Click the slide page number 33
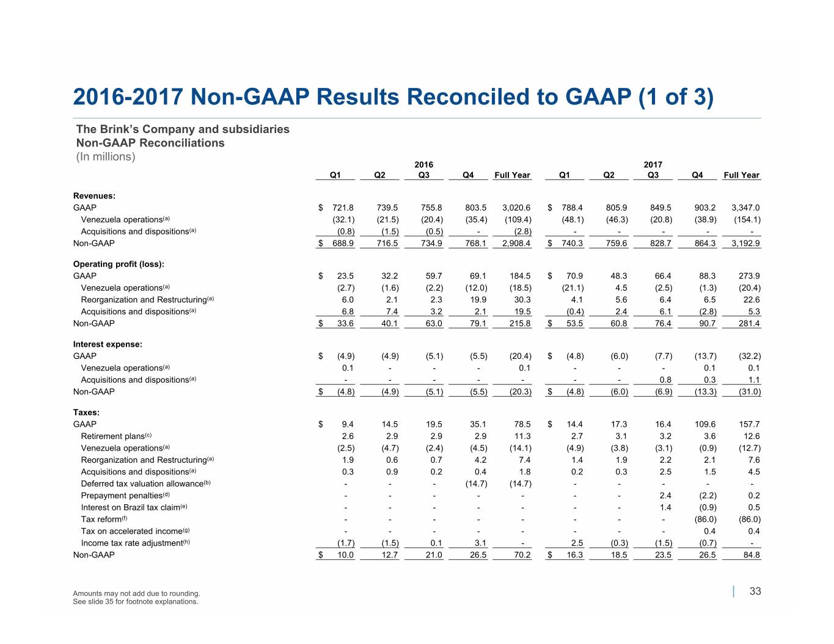pyautogui.click(x=755, y=591)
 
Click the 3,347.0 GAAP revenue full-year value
pyautogui.click(x=745, y=208)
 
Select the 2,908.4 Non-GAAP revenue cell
pyautogui.click(x=516, y=243)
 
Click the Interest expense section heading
pyautogui.click(x=108, y=344)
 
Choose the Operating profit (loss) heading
pyautogui.click(x=119, y=264)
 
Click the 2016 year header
pyautogui.click(x=423, y=164)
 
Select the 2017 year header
pyautogui.click(x=653, y=164)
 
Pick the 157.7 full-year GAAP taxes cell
pyautogui.click(x=749, y=424)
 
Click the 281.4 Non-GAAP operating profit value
pyautogui.click(x=749, y=323)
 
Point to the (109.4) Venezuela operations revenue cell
pyautogui.click(x=518, y=220)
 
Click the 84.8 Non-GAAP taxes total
pyautogui.click(x=752, y=555)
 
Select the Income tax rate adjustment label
pyautogui.click(x=136, y=543)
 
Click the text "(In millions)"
pyautogui.click(x=106, y=156)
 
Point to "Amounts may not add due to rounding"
pyautogui.click(x=136, y=593)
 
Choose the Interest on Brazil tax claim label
pyautogui.click(x=134, y=507)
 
